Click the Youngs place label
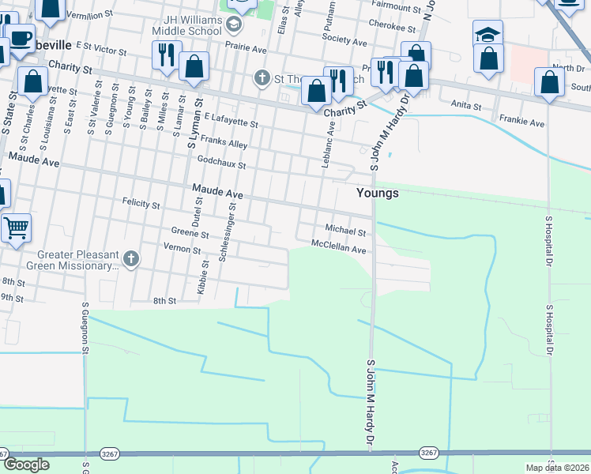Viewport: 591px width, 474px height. click(377, 193)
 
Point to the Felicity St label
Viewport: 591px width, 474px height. click(141, 204)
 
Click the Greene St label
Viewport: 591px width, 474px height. click(190, 234)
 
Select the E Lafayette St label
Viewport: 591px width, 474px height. click(231, 120)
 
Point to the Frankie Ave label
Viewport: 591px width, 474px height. click(521, 123)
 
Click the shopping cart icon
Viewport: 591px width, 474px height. click(15, 228)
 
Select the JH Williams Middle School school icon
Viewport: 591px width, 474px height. click(234, 24)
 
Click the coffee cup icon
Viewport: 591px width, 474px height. click(20, 38)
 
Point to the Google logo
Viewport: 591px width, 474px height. click(26, 465)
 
